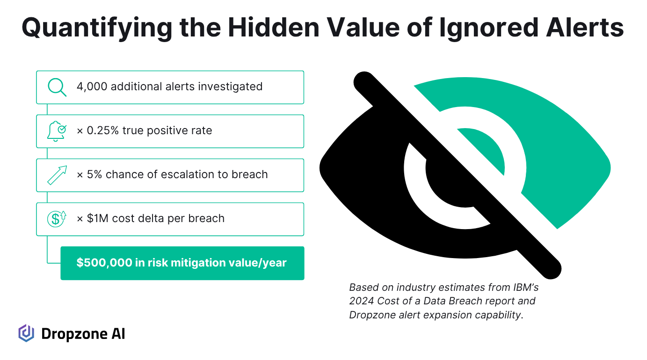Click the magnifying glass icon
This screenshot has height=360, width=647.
click(x=57, y=87)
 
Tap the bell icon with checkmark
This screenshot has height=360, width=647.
click(x=57, y=131)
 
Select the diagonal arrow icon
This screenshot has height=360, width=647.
click(x=57, y=175)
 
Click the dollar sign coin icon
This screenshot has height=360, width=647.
click(x=57, y=219)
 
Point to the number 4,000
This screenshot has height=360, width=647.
click(x=92, y=86)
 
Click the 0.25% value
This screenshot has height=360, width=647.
click(x=102, y=130)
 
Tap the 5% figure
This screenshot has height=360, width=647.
click(x=94, y=174)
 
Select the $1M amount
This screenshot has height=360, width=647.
click(x=97, y=218)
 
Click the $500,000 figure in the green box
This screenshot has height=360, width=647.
click(x=104, y=263)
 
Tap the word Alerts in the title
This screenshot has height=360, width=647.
click(x=585, y=28)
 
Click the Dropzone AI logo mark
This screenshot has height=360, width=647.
click(x=26, y=333)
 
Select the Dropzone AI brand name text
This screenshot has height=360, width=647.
click(x=83, y=334)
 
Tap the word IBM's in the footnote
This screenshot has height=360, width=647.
click(x=526, y=287)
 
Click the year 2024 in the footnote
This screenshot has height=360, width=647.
click(x=361, y=301)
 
